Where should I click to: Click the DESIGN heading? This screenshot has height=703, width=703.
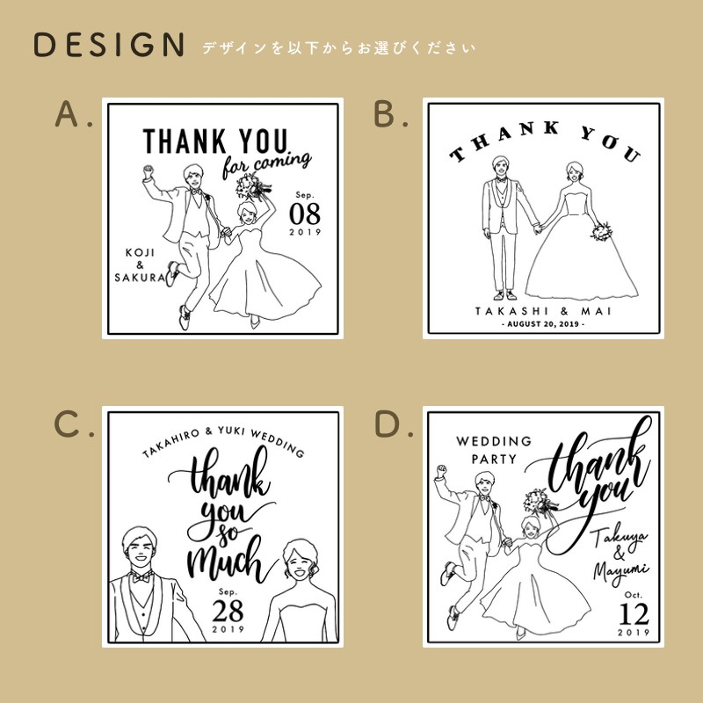point(109,45)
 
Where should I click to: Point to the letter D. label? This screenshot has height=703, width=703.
point(394,424)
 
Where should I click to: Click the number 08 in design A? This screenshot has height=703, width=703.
point(307,214)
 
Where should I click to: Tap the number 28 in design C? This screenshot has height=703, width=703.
point(228,612)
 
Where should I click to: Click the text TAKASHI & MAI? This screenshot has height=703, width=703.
point(543,311)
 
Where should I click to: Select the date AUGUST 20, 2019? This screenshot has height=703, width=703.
point(543,324)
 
